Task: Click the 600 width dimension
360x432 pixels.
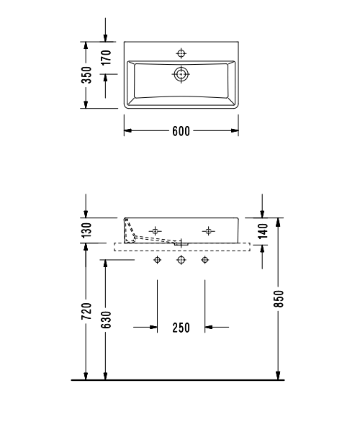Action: [x=181, y=131]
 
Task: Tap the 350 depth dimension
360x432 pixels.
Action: [x=87, y=75]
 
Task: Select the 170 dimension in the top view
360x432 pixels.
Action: [x=106, y=58]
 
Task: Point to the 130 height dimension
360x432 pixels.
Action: [x=87, y=230]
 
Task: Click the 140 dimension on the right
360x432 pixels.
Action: [x=263, y=230]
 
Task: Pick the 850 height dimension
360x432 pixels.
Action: [x=279, y=298]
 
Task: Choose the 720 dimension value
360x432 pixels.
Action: [x=86, y=311]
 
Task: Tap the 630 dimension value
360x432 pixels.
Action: [x=106, y=320]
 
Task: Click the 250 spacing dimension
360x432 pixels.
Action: [x=181, y=328]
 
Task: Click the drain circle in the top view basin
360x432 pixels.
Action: [x=181, y=74]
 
